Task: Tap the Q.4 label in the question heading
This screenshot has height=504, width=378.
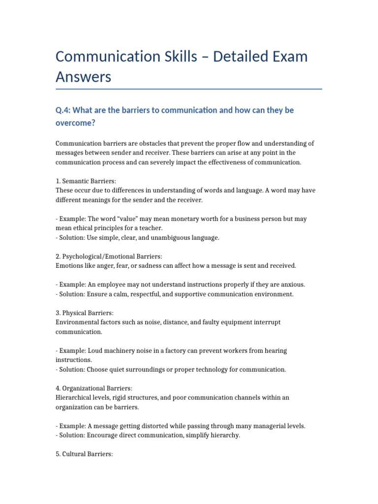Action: [63, 110]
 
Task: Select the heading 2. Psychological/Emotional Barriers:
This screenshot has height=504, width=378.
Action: [109, 256]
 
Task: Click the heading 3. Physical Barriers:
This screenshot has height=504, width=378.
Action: [84, 313]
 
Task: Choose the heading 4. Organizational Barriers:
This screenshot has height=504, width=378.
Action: [94, 388]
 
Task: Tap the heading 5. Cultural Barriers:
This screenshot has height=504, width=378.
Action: [84, 454]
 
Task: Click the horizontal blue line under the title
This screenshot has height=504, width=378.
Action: [189, 89]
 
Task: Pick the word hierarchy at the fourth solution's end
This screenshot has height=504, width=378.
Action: [225, 435]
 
